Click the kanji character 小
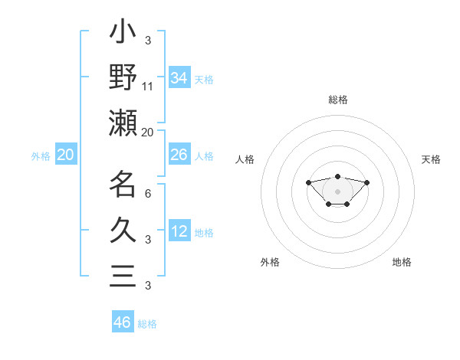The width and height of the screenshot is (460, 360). [123, 35]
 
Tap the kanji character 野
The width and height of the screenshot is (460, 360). [123, 77]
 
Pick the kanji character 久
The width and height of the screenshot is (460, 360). [123, 230]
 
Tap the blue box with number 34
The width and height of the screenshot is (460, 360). [179, 77]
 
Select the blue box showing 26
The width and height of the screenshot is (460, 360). [179, 155]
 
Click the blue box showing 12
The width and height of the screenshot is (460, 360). [179, 231]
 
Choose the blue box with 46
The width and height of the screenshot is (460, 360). [123, 322]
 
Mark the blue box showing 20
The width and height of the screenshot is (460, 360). [66, 155]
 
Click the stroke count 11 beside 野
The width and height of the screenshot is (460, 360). [148, 86]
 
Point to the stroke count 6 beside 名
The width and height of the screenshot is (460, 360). [148, 193]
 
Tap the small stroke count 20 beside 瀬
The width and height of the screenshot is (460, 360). [148, 132]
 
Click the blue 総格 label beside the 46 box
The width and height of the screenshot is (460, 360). [147, 324]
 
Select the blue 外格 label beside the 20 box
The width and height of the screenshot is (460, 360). [41, 156]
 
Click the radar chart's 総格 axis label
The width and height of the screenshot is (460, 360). [337, 100]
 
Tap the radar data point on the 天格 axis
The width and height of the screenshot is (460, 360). [366, 182]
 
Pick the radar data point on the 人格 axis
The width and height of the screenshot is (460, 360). [308, 182]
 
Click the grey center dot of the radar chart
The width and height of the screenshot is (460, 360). [337, 191]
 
